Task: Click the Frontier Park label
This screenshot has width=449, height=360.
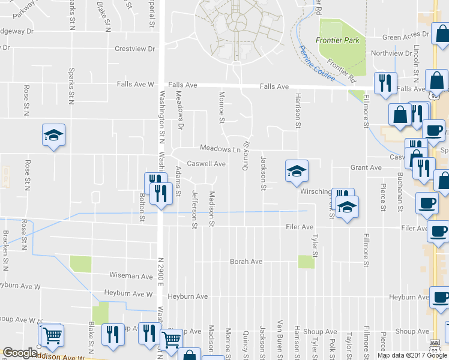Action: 337,41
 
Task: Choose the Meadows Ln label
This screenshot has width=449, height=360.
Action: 220,149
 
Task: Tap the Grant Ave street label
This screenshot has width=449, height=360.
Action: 366,168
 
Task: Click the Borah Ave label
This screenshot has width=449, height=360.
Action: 246,262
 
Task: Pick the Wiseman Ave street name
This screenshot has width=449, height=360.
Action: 131,276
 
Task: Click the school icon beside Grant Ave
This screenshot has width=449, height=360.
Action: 297,172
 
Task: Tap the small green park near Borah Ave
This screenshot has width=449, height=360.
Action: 306,262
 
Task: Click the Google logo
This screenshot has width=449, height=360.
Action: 19,353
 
